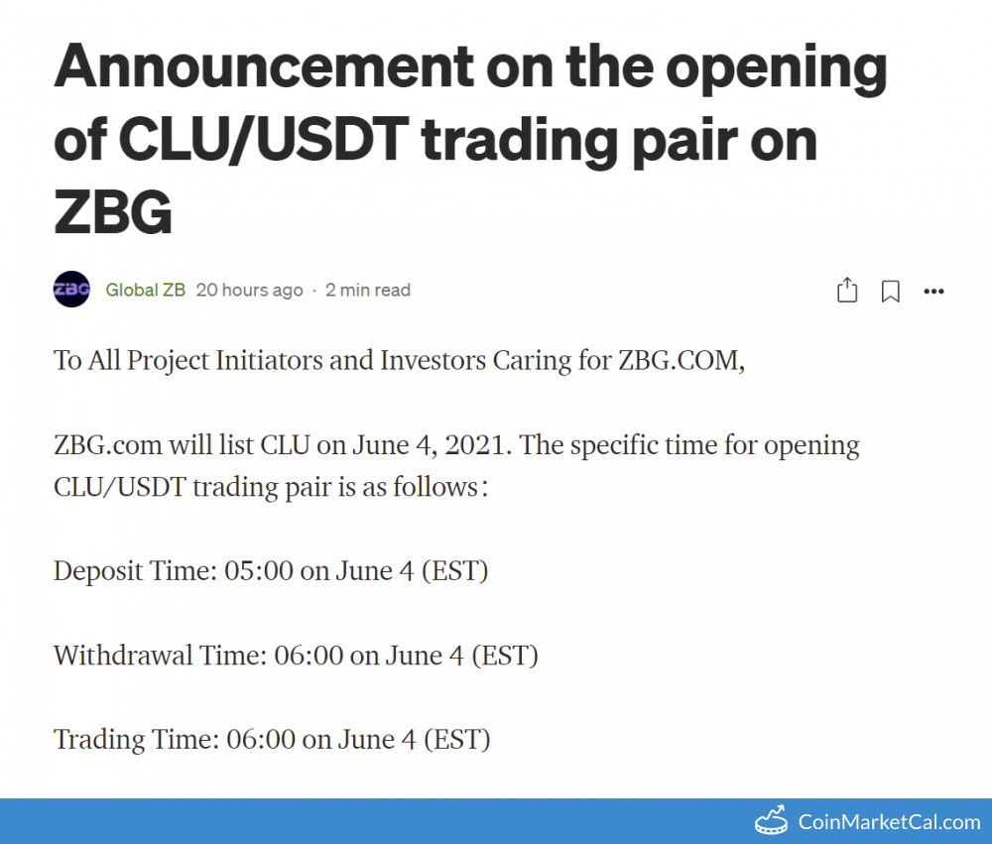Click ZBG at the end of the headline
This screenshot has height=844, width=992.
[x=113, y=212]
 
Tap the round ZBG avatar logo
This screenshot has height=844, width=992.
[x=71, y=290]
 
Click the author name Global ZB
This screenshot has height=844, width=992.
[x=145, y=290]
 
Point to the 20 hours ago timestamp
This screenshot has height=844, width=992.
[x=249, y=290]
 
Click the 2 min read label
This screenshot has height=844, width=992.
[x=367, y=290]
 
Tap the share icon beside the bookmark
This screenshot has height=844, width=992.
[x=847, y=291]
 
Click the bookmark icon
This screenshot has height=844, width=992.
[x=891, y=291]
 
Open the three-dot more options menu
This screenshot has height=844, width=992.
[x=933, y=291]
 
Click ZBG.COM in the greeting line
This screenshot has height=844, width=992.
[x=680, y=360]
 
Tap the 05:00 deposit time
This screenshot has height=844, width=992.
[x=256, y=571]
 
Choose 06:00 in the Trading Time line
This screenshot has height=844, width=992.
[x=258, y=740]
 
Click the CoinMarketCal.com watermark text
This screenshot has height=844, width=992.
[x=889, y=821]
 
